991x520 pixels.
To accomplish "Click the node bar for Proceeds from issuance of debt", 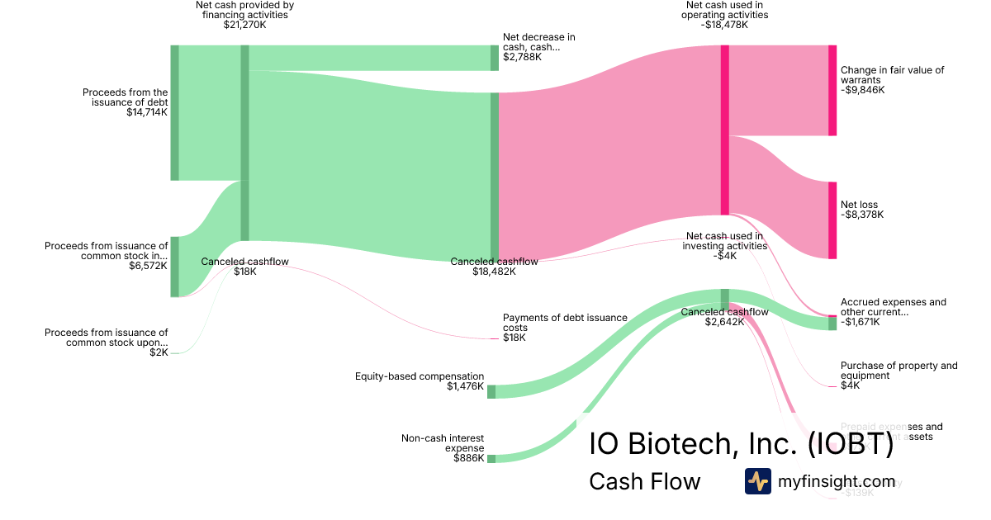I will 174,112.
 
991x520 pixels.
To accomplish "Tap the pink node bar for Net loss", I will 832,220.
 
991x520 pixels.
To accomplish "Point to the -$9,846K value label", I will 862,90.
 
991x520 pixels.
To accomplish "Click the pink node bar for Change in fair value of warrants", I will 832,90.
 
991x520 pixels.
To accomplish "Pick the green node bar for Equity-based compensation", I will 491,391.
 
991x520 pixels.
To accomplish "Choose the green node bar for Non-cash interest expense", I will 491,458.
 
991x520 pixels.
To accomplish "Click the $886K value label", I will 468,458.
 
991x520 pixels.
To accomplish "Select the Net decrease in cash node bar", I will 495,58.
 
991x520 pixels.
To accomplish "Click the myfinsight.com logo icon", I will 758,481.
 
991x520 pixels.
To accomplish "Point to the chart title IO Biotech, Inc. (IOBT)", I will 741,444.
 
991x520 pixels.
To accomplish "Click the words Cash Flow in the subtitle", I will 644,481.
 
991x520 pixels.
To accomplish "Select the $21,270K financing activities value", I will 244,25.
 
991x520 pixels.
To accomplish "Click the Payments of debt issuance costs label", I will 565,322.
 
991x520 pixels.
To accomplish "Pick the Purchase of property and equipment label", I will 899,371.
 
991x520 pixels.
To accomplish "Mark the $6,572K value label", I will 149,266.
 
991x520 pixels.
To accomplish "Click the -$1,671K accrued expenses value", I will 861,322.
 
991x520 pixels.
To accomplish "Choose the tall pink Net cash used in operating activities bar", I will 724,130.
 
